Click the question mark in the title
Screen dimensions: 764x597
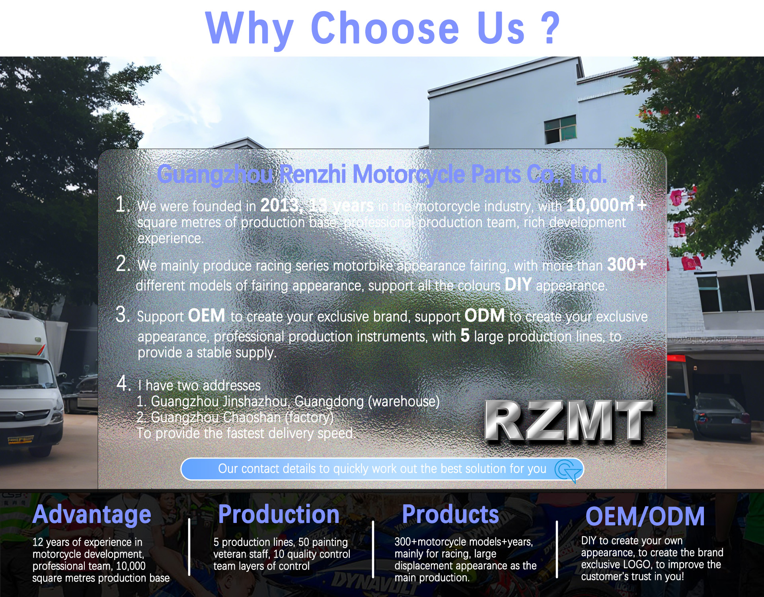[550, 28]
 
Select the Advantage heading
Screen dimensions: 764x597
[92, 515]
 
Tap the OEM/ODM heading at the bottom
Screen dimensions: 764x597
[645, 517]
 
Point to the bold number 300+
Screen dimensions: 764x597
[627, 265]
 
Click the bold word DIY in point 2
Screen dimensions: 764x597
[518, 285]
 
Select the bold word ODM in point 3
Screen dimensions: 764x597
[485, 316]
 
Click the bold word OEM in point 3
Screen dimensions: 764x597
[207, 316]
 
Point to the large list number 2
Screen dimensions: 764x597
[123, 263]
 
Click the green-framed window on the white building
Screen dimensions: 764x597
[560, 129]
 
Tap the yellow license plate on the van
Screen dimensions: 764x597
[21, 440]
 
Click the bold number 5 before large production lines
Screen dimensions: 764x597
[465, 336]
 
